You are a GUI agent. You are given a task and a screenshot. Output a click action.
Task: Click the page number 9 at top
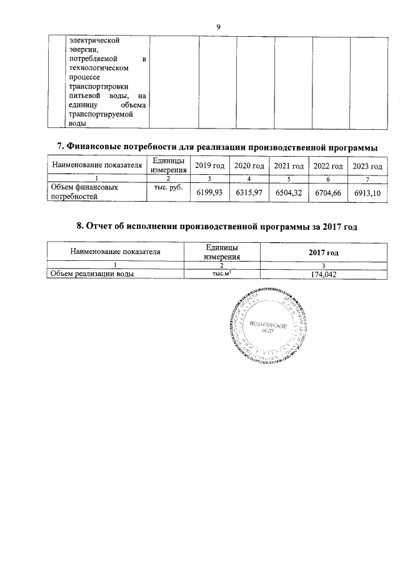point(218,26)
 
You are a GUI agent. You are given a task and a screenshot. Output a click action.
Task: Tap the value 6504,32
point(289,193)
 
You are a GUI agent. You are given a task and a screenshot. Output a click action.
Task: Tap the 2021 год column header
point(289,165)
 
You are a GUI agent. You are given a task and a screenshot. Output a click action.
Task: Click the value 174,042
point(323,273)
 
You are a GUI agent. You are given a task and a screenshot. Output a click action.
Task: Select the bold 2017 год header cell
point(323,252)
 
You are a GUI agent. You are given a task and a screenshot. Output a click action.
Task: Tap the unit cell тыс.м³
point(221,273)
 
